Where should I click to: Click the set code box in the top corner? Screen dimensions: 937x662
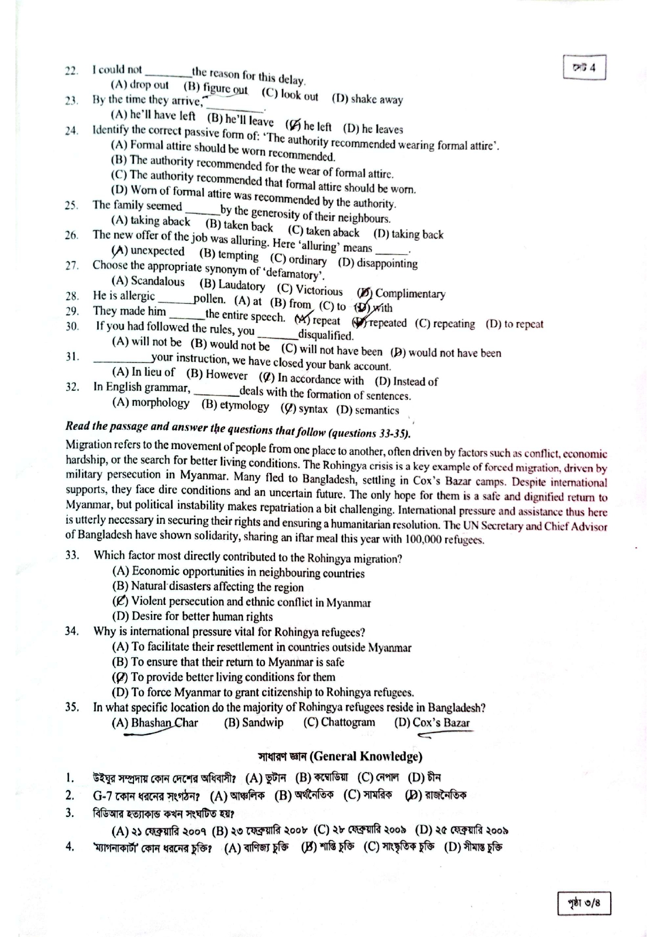point(584,68)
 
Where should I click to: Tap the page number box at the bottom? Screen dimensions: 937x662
point(584,903)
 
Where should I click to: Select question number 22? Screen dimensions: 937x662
point(72,70)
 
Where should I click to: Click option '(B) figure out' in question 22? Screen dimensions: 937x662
point(215,88)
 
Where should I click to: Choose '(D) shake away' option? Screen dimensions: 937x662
point(367,99)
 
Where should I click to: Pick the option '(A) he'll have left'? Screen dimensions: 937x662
point(153,115)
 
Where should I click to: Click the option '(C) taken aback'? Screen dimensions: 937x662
point(324,232)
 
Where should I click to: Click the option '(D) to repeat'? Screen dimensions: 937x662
point(514,324)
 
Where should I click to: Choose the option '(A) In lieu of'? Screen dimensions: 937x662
point(143,372)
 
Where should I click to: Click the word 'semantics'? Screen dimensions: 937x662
point(377,411)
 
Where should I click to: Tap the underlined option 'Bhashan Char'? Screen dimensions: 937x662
point(164,723)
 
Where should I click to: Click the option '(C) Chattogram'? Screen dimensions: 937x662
point(339,722)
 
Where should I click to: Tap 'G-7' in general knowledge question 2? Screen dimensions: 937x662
point(103,796)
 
